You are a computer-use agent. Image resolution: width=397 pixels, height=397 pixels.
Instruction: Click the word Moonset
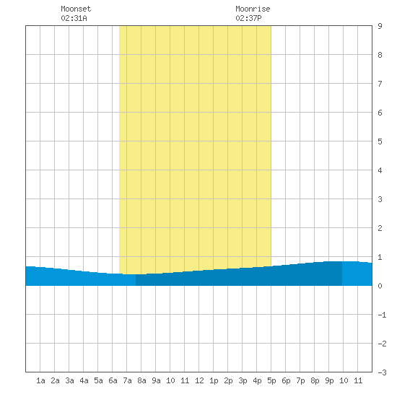76,9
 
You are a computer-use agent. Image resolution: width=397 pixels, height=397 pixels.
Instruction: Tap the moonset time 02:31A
74,18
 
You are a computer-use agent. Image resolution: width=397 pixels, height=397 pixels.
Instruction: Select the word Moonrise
253,9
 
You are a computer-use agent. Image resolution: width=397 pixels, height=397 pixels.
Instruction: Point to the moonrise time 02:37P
248,18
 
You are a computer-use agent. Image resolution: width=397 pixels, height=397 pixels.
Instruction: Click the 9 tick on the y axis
380,26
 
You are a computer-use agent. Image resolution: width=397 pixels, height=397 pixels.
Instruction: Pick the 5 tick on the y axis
380,141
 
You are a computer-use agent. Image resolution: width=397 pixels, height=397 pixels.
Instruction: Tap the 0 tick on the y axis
380,286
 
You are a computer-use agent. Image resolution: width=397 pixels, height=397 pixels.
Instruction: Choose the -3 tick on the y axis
382,372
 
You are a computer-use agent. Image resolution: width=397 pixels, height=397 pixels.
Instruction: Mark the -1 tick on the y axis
382,315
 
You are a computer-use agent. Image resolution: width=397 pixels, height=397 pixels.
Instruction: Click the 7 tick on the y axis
380,84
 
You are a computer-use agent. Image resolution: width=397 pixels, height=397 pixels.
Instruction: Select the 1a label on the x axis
40,380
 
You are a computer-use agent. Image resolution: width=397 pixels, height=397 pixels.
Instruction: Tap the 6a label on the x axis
113,380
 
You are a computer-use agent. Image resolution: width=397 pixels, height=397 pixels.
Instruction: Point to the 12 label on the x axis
199,380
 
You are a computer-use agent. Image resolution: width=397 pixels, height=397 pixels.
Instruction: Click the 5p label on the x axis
271,380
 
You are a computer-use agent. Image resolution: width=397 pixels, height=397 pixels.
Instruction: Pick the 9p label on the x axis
329,380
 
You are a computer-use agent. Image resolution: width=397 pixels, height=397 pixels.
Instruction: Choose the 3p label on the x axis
243,380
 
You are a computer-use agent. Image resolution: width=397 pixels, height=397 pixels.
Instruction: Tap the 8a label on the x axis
141,380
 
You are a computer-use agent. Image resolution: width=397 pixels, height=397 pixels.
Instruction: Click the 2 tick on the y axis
380,228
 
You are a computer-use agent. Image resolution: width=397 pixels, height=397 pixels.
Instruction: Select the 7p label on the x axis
300,380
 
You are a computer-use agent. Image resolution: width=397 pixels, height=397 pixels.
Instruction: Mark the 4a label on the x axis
84,380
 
